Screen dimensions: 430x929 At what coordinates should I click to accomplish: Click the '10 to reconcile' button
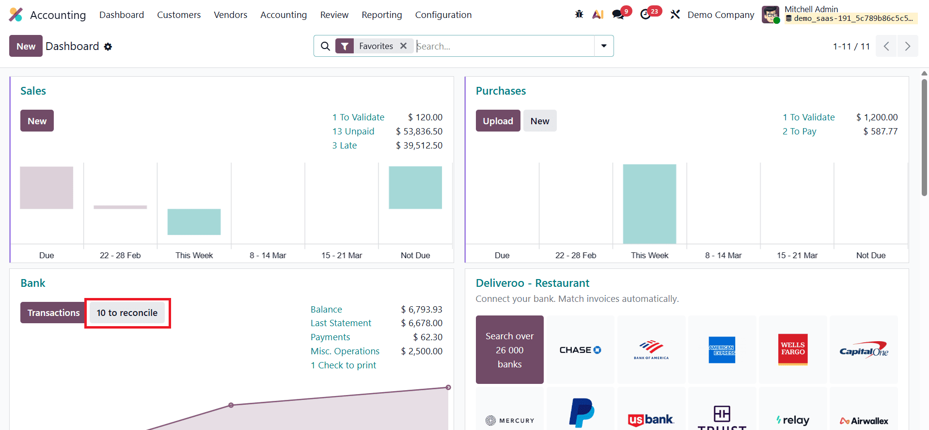tap(127, 313)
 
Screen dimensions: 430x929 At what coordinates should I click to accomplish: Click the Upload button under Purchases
tap(498, 121)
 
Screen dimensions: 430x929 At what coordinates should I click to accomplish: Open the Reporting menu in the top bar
tap(381, 15)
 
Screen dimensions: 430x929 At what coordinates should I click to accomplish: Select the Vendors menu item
tap(230, 15)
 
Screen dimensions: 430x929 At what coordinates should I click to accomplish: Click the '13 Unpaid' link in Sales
tap(353, 132)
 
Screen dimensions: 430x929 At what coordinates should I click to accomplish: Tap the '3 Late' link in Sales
tap(344, 146)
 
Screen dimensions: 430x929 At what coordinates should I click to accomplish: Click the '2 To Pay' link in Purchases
tap(799, 132)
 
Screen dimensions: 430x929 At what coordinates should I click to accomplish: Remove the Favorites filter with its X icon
tap(403, 46)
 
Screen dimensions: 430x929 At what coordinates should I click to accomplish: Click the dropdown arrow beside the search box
tap(604, 46)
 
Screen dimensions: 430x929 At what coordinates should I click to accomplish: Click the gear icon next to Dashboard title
tap(108, 47)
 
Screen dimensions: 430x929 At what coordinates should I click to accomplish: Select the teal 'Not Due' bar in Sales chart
tap(415, 188)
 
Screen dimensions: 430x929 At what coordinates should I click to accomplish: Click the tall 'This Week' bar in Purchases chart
tap(649, 204)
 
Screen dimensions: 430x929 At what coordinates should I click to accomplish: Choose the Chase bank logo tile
tap(580, 350)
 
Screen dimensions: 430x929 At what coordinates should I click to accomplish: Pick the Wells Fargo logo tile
tap(792, 349)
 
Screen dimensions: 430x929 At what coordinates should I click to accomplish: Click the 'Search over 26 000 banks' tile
tap(509, 350)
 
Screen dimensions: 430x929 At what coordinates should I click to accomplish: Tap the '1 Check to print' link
tap(343, 365)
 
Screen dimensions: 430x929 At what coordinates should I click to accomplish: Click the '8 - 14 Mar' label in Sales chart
tap(268, 255)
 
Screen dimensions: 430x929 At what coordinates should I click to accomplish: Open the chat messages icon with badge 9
tap(618, 15)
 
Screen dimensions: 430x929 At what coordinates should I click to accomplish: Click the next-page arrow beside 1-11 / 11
tap(907, 47)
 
